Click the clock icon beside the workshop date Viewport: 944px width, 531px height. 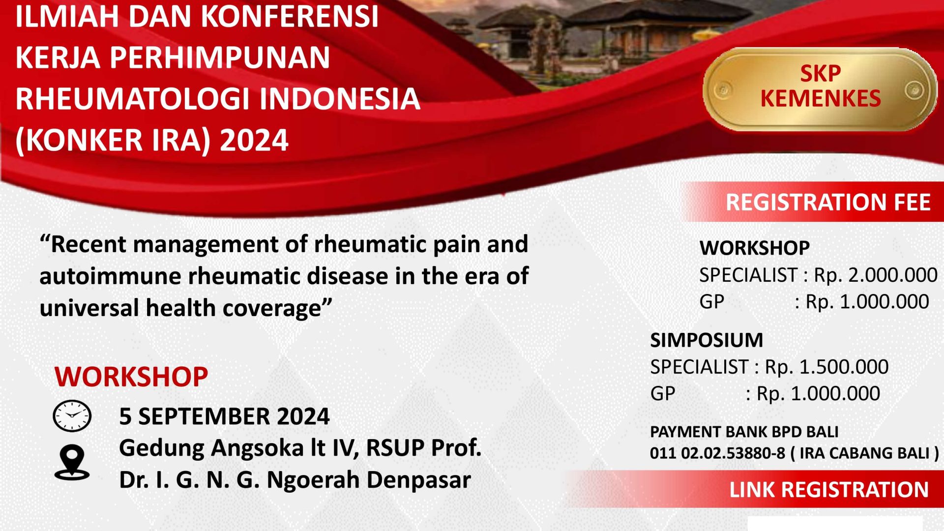point(72,416)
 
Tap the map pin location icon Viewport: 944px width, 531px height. point(72,462)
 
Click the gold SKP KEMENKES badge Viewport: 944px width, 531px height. point(820,89)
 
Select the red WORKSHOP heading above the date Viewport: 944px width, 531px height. point(131,377)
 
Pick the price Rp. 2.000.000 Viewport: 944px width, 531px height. point(876,275)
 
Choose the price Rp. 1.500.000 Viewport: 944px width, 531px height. point(826,367)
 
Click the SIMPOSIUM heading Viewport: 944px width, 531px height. point(707,340)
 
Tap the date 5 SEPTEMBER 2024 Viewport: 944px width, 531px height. point(224,416)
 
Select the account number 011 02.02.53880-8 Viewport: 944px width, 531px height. point(717,453)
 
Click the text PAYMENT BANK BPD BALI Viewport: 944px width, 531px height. point(744,432)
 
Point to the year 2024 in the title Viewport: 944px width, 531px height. point(254,140)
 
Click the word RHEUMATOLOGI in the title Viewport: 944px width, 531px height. point(133,99)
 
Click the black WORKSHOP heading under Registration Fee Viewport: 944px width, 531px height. point(754,248)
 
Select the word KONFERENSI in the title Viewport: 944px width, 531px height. point(290,16)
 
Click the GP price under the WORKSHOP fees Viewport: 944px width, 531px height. point(867,301)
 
